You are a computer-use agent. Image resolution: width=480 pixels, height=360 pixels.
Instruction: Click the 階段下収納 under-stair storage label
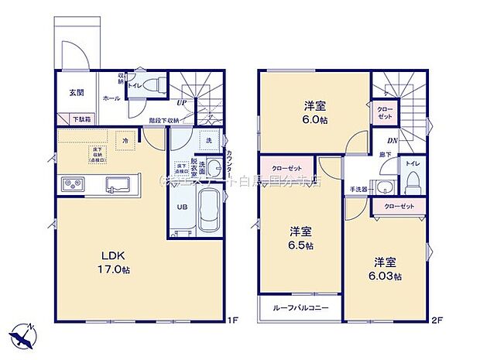point(165,120)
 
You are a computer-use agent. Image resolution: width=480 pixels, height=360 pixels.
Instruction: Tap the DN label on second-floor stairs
point(393,140)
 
